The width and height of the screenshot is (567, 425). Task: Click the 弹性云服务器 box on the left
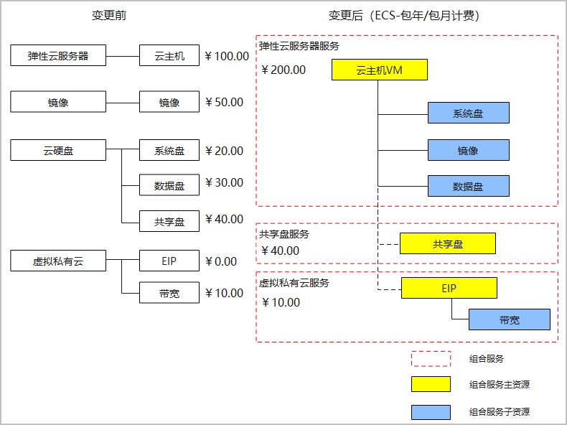coord(58,55)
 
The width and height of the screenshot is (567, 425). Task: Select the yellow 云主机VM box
coord(380,70)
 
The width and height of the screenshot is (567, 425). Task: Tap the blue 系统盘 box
coord(468,113)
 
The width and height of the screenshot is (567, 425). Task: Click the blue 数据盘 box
coord(468,187)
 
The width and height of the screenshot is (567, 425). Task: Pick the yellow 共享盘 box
coord(447,244)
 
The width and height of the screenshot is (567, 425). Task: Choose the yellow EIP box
coord(449,288)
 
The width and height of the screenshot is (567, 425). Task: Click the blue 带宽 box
coord(509,320)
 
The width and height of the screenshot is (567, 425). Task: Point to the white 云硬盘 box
coord(58,151)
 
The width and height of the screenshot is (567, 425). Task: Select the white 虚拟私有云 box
coord(58,261)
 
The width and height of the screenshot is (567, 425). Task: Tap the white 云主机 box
coord(169,55)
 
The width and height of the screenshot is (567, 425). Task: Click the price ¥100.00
coord(227,56)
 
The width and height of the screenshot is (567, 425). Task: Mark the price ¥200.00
coord(283,70)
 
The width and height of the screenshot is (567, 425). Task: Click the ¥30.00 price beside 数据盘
coord(224,182)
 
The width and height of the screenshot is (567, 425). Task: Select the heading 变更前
coord(109,16)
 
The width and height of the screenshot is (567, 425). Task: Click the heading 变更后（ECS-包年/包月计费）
coord(404,16)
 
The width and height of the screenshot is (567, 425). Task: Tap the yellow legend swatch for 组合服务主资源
coord(431,385)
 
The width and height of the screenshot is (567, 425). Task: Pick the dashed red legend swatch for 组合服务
coord(431,358)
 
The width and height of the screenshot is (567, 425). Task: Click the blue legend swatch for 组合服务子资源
coord(431,412)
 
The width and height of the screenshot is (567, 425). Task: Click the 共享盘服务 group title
coord(284,234)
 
